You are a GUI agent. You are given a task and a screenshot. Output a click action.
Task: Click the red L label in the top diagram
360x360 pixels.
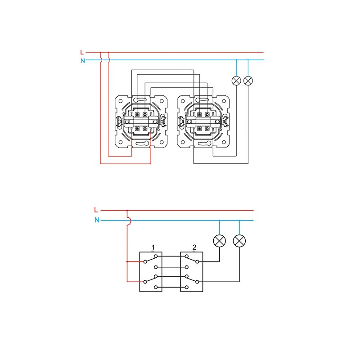click(x=82, y=52)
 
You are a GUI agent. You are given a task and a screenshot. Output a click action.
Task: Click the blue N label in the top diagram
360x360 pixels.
click(x=83, y=61)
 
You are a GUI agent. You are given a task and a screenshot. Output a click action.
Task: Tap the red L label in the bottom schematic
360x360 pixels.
click(x=96, y=210)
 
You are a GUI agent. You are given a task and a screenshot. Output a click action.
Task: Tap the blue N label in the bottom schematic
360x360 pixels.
click(x=97, y=220)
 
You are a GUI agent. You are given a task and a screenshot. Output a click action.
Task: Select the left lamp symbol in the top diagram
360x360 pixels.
click(x=237, y=81)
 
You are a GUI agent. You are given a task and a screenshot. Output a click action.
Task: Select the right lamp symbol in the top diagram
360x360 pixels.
click(x=248, y=81)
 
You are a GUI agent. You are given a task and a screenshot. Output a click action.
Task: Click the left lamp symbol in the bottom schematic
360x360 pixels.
click(x=220, y=241)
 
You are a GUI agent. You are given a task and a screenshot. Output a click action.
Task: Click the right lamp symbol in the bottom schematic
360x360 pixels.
click(x=239, y=241)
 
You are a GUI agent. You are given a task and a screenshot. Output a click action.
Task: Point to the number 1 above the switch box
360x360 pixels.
click(x=153, y=247)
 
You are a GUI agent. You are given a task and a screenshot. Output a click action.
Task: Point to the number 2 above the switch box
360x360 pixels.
click(x=194, y=247)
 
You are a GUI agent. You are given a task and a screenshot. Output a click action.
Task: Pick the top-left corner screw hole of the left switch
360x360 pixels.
click(x=121, y=101)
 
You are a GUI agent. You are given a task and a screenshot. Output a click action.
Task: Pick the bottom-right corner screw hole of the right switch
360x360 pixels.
click(x=224, y=142)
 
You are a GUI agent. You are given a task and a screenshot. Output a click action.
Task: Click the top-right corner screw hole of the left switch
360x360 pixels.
click(x=162, y=101)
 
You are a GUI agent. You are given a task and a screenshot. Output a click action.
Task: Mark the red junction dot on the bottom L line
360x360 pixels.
click(x=127, y=210)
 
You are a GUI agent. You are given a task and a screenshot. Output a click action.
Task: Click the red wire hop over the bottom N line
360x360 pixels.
click(x=130, y=220)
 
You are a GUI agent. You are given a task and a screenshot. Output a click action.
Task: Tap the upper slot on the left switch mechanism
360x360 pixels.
click(x=141, y=100)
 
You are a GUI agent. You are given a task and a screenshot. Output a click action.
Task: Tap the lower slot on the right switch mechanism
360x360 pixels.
click(x=203, y=144)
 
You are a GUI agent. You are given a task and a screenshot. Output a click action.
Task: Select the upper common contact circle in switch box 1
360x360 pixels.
click(x=145, y=261)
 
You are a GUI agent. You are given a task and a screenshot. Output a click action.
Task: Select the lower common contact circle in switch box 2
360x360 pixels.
click(x=197, y=282)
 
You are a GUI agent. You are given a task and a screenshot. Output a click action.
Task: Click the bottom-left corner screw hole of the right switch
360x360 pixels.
click(x=183, y=142)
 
